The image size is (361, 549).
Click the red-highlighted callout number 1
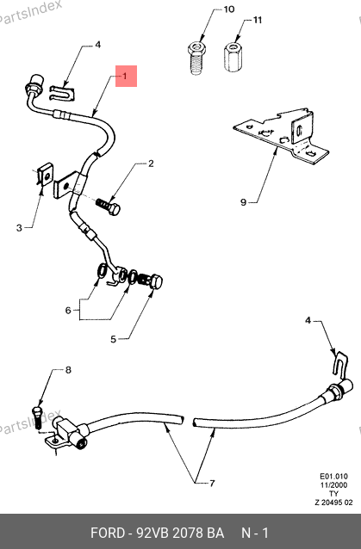pos(125,76)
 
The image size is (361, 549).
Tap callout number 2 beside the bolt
pos(151,163)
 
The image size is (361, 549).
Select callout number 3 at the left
pos(19,228)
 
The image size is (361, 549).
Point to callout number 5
pos(113,339)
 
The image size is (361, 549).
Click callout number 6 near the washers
pos(68,311)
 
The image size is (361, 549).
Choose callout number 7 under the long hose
pos(212,484)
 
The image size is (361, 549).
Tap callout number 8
pos(68,370)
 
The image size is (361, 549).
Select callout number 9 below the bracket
pos(243,202)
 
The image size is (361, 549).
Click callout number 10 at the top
pos(229,9)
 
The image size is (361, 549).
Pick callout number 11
pos(258,20)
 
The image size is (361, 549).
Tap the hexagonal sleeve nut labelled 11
pos(233,57)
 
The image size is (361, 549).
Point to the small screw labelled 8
pos(38,416)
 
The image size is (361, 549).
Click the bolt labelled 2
pos(109,207)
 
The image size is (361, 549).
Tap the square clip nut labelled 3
pos(44,174)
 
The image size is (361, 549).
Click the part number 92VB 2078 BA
pos(180,533)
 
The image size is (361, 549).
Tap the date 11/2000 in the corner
pos(333,485)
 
